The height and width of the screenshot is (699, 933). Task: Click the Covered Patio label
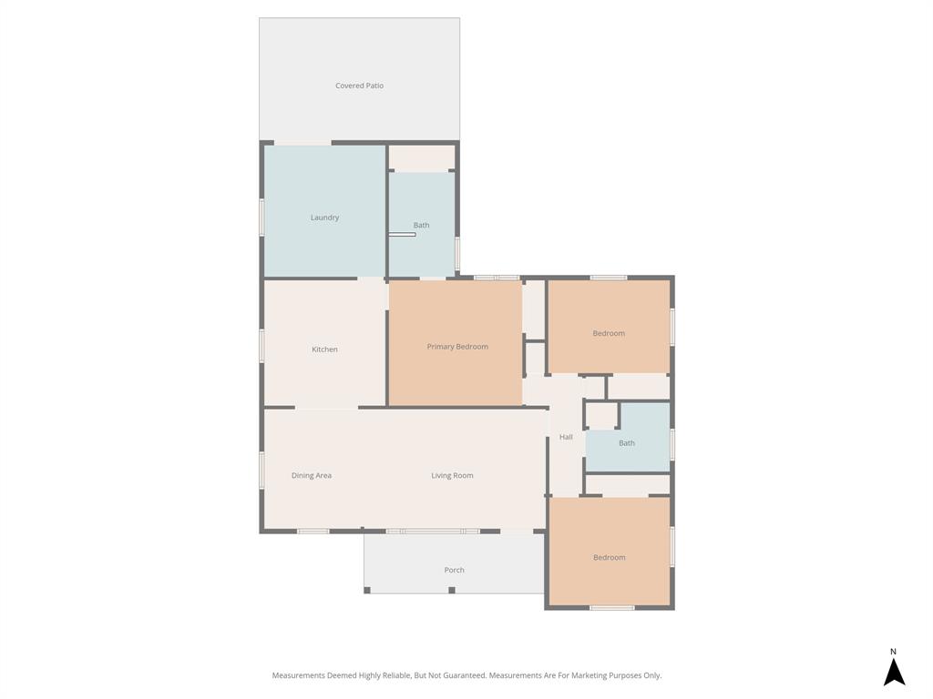(x=359, y=86)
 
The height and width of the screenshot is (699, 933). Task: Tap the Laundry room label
(x=324, y=218)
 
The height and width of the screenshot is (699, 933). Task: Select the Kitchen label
(x=324, y=349)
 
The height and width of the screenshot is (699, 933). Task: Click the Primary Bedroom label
(x=457, y=347)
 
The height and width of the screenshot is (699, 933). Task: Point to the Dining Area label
(x=312, y=475)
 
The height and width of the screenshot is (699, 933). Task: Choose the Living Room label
(x=452, y=475)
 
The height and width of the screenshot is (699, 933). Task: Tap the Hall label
(x=566, y=437)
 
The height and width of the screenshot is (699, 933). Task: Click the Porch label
(x=454, y=570)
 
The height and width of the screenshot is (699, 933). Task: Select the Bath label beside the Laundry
(x=421, y=225)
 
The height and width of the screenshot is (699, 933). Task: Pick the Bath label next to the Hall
(x=627, y=443)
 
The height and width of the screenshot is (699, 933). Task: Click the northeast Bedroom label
(x=609, y=333)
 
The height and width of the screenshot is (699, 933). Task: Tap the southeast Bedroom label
(x=609, y=557)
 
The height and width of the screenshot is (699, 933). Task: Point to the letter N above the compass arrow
(x=893, y=652)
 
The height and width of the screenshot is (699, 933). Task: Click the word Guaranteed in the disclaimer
(x=463, y=675)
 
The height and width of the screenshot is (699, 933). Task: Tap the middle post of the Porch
(x=452, y=590)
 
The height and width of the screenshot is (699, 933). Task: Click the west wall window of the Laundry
(x=261, y=218)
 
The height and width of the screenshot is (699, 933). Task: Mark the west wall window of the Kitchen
(x=261, y=346)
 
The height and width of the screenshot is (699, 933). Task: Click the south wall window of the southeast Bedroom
(x=611, y=607)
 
